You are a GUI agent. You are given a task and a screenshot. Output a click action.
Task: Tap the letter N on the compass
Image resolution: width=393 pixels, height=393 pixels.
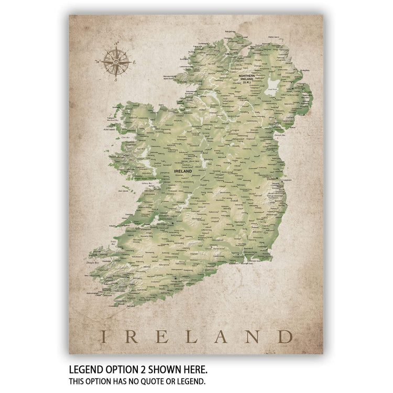coord(116,46)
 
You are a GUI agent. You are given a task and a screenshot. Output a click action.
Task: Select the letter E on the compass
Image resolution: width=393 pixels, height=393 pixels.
coord(135,62)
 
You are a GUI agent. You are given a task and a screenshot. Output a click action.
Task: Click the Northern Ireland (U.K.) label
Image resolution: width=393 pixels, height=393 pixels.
coord(247,79)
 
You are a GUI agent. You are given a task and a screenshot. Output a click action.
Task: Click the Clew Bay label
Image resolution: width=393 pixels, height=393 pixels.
coord(125,137)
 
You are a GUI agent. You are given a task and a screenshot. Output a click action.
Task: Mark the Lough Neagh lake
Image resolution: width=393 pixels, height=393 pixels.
coord(271,86)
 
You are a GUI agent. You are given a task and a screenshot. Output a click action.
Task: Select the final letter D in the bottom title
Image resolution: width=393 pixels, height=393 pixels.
coord(284,336)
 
